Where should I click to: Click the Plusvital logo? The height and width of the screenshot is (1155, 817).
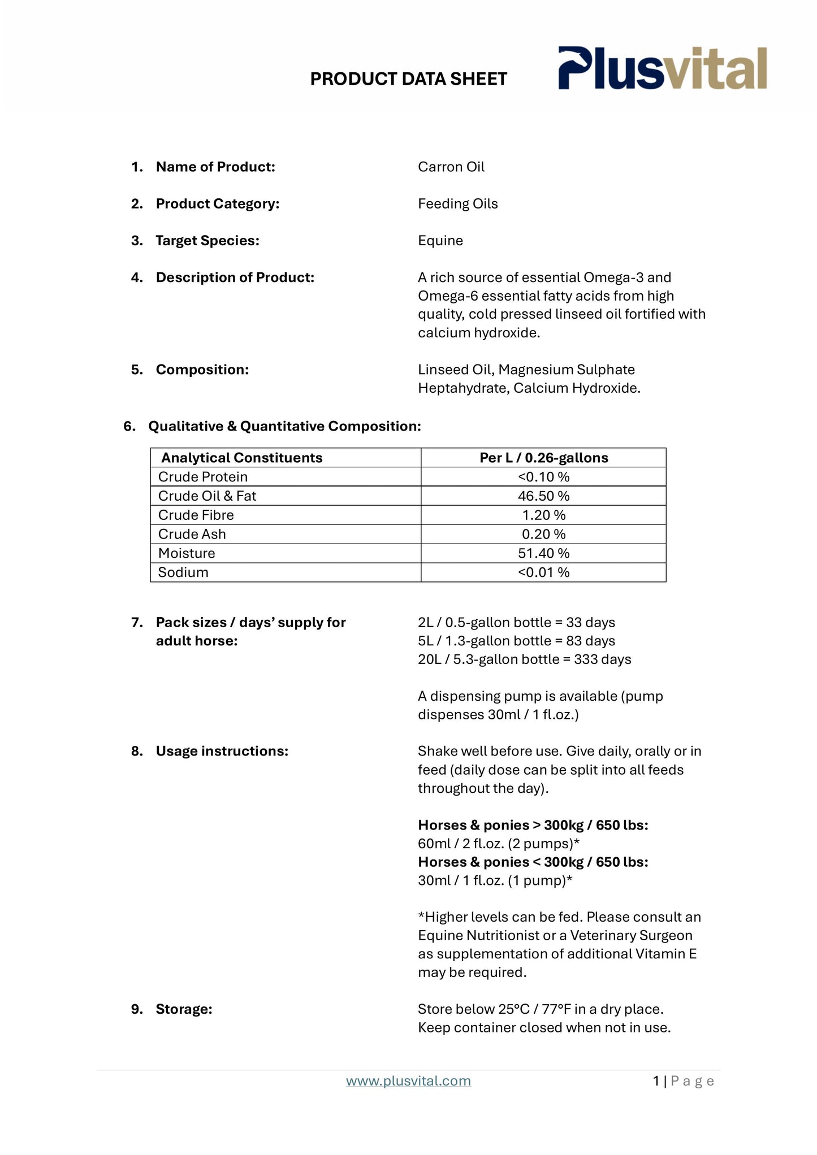pos(662,68)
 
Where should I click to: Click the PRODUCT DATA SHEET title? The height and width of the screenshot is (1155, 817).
pos(408,79)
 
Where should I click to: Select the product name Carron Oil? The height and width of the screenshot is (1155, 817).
pos(451,167)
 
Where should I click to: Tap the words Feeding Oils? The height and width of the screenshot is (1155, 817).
pos(457,204)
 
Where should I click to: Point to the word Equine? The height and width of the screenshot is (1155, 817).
pos(440,241)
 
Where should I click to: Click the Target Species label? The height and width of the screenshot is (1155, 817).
pos(207,241)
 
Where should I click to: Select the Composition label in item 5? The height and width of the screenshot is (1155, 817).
pos(202,370)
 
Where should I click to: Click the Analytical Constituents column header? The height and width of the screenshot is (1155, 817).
pos(241,458)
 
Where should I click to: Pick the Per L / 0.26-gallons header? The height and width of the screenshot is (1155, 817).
pos(543,458)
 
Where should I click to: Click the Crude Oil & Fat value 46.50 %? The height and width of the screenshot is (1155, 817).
pos(543,496)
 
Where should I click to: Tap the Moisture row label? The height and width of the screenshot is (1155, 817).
pos(186,553)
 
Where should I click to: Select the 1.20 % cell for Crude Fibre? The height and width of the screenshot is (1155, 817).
pos(543,515)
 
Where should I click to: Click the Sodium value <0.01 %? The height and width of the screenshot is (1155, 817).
pos(543,572)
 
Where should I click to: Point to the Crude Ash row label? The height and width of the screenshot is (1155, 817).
pos(192,534)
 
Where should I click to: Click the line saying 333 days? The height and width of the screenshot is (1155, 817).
pos(524,659)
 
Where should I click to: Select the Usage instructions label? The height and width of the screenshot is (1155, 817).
pos(222,752)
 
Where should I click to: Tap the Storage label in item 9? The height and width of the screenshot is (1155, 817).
pos(184,1009)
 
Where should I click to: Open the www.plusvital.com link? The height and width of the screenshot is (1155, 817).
pos(408,1081)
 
